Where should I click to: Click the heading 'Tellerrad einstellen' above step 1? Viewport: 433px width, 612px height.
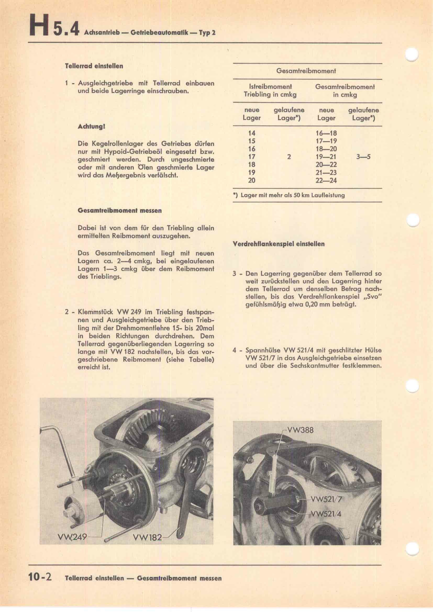pos(94,66)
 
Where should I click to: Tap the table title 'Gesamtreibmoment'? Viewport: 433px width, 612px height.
pos(306,71)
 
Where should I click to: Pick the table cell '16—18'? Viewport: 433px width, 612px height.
pos(326,133)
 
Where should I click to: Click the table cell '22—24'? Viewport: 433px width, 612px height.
pos(326,181)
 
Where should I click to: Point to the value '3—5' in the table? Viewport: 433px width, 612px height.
pos(363,157)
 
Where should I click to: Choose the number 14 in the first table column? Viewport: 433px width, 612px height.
pos(251,133)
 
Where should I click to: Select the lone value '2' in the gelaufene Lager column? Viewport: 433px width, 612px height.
pos(289,157)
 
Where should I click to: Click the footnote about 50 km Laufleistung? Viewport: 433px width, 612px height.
pos(289,195)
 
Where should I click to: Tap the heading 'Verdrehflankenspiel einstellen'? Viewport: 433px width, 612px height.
pos(279,244)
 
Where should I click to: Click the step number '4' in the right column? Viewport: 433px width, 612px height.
pos(234,350)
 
